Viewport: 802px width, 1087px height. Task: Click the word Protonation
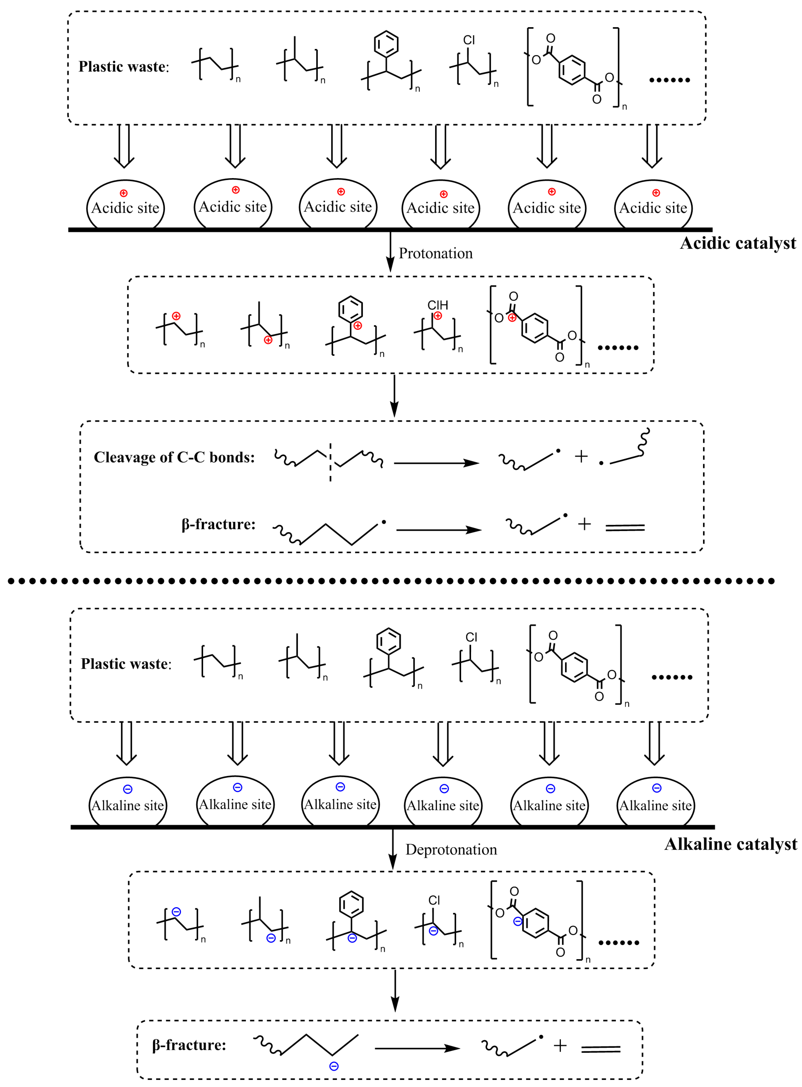pyautogui.click(x=435, y=253)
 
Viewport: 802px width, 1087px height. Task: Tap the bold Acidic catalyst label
pyautogui.click(x=737, y=243)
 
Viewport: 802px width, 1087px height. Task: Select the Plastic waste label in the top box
pyautogui.click(x=124, y=67)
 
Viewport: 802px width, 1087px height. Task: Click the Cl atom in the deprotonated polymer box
pyautogui.click(x=434, y=900)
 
